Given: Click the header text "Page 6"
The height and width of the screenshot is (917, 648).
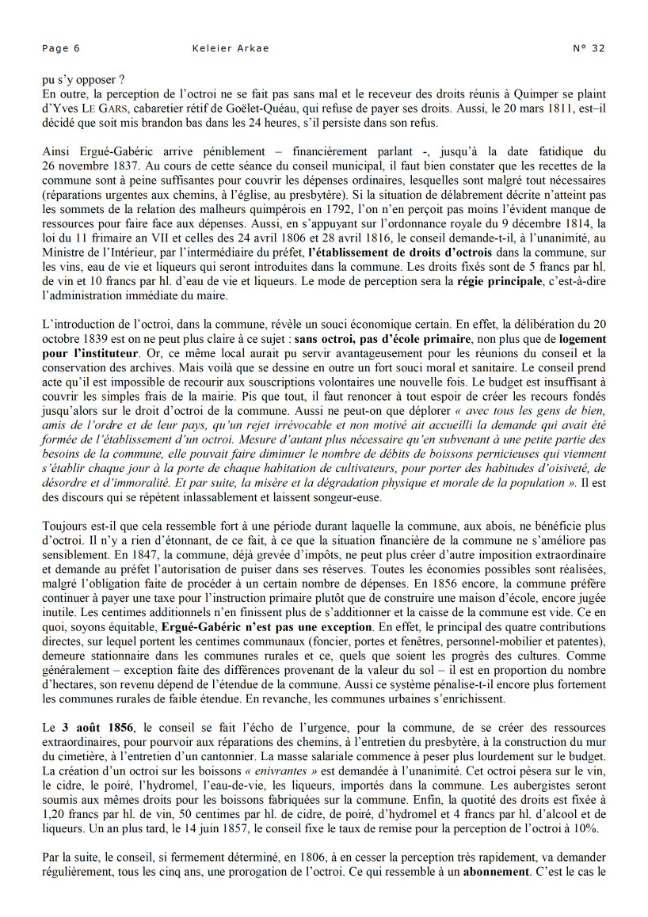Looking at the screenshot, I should pyautogui.click(x=61, y=48).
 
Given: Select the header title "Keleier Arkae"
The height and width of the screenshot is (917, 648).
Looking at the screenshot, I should pyautogui.click(x=231, y=48).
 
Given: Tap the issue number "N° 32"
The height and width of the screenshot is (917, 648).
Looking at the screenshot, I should pyautogui.click(x=589, y=48).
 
